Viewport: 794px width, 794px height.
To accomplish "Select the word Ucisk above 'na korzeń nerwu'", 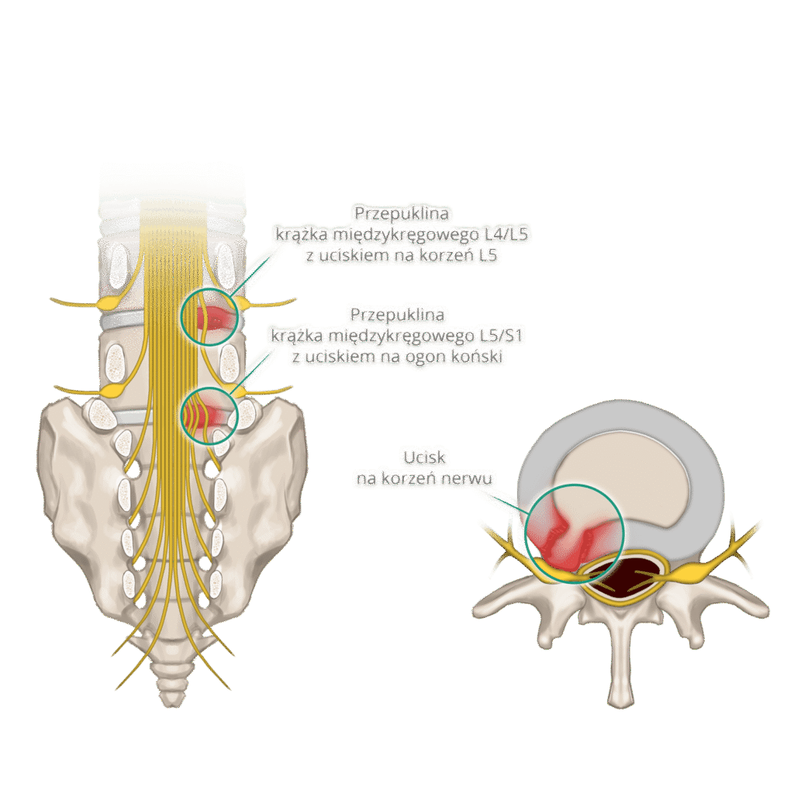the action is click(424, 457).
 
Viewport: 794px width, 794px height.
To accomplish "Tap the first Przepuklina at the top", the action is click(402, 214).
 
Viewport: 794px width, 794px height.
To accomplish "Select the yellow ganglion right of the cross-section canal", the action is click(691, 572).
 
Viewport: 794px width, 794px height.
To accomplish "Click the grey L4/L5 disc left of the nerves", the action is click(123, 321).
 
